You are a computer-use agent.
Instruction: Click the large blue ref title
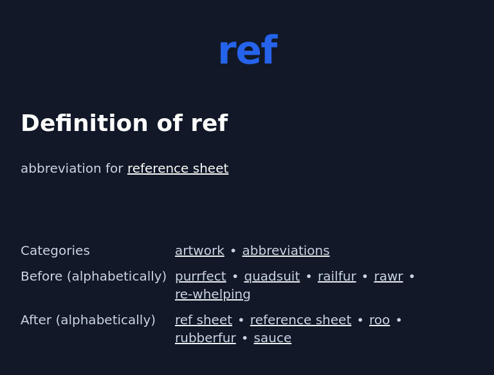click(x=247, y=51)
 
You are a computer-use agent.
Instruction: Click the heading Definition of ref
click(x=124, y=123)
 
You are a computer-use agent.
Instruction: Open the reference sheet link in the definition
click(x=178, y=168)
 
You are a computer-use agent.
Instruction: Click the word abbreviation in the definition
click(x=61, y=168)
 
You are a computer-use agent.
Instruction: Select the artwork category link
click(x=199, y=250)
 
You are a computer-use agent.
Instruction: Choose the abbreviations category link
click(x=286, y=250)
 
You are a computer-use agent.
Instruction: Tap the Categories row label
click(x=55, y=250)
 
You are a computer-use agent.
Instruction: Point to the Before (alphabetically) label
click(x=93, y=276)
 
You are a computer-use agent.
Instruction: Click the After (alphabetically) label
click(x=88, y=320)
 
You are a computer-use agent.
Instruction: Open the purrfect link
click(x=200, y=276)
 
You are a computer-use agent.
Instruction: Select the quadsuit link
click(x=271, y=276)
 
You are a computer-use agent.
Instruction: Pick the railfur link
click(x=336, y=276)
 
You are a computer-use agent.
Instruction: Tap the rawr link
click(x=388, y=276)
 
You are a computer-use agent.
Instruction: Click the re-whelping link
click(x=212, y=294)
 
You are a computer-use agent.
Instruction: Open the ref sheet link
click(x=203, y=320)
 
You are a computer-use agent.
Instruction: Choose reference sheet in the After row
click(x=300, y=320)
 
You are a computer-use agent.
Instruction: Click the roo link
click(x=379, y=320)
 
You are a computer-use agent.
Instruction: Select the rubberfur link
click(x=205, y=338)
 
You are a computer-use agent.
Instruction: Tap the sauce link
click(x=272, y=338)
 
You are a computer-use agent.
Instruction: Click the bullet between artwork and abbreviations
click(x=233, y=251)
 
